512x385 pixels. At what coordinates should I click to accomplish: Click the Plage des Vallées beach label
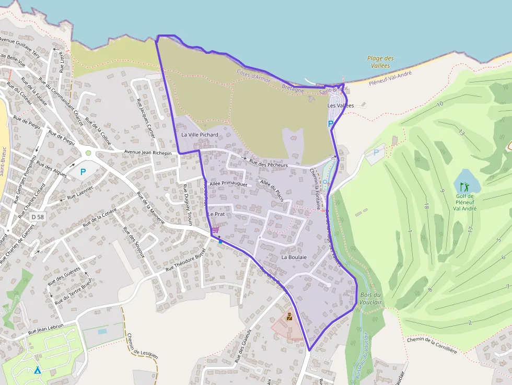pos(380,62)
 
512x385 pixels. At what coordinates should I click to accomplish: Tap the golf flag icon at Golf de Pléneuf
pos(463,186)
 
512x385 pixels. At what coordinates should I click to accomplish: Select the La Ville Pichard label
pos(200,135)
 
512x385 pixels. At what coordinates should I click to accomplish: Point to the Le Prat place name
pos(216,214)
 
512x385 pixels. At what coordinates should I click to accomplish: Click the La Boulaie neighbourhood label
pos(294,258)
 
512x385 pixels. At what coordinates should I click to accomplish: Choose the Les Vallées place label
pos(341,106)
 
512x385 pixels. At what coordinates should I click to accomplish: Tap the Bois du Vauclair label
pos(371,299)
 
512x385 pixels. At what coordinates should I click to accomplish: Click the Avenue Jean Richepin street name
pos(148,153)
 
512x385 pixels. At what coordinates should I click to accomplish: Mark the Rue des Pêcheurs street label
pos(269,164)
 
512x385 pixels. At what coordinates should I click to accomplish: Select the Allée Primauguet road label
pos(228,184)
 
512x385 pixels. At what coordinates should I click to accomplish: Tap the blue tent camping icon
pos(37,370)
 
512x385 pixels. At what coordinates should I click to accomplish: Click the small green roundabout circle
pos(88,153)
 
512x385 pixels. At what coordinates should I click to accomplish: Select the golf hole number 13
pos(461,133)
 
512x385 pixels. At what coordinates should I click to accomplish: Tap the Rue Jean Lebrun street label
pos(45,329)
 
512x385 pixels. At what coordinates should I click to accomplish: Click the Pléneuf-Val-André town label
pos(390,79)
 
